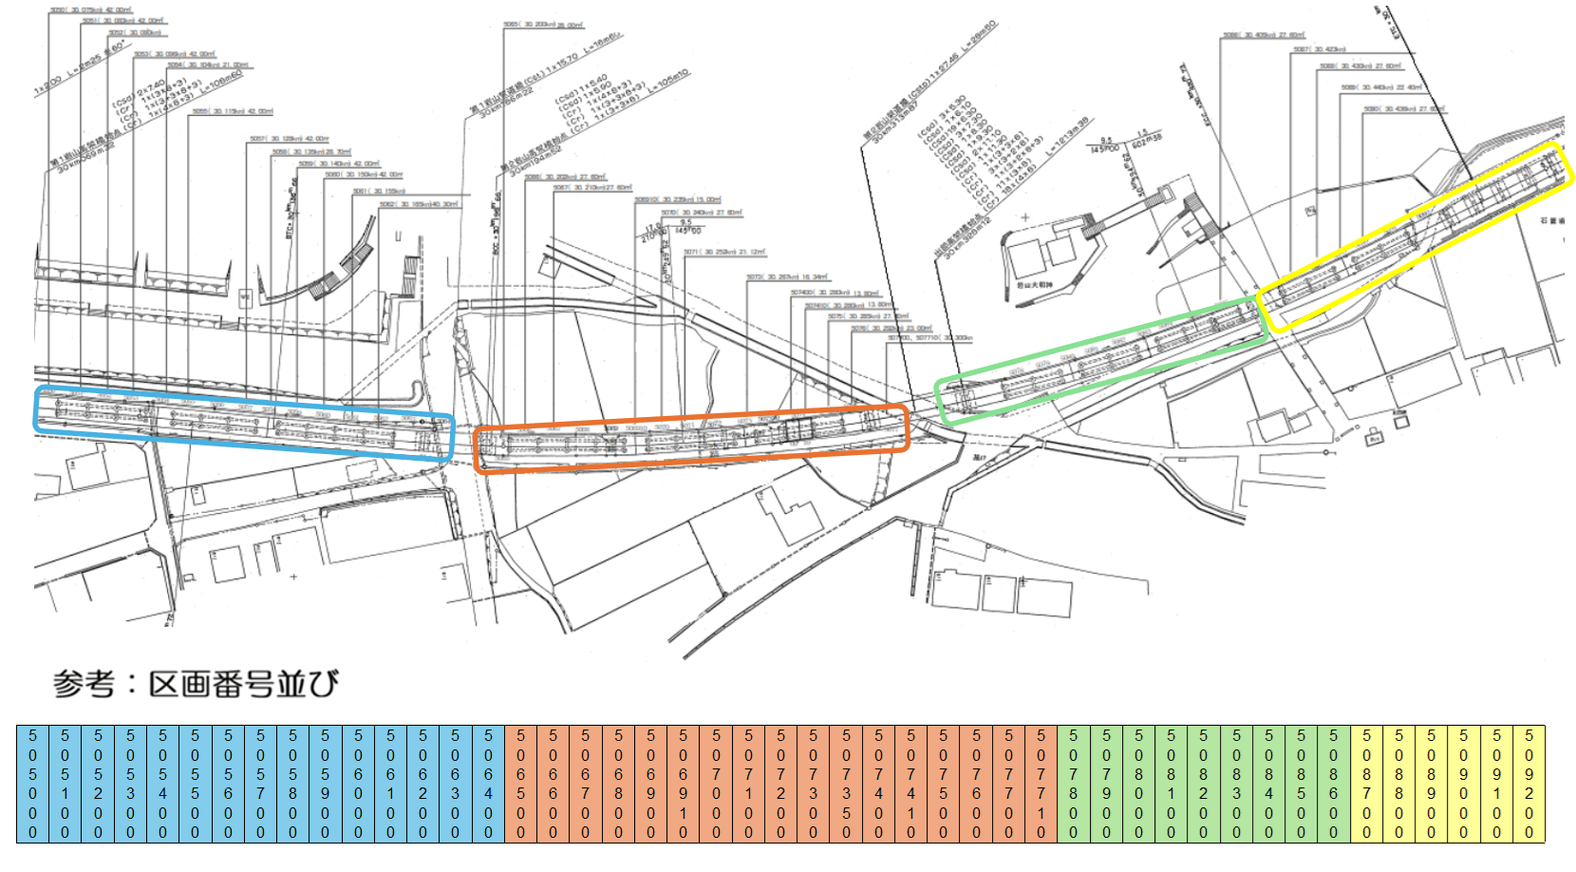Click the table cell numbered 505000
[32, 784]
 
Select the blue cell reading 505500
[195, 784]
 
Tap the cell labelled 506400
[488, 784]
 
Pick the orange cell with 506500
[520, 784]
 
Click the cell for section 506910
[683, 784]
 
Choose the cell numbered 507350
[846, 784]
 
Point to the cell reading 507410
[910, 784]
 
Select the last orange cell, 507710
[1041, 784]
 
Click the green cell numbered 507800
[1074, 784]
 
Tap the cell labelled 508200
[1204, 784]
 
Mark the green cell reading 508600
[1334, 784]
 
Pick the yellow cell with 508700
[1367, 784]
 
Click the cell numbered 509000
[1464, 784]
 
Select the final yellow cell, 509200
[1529, 784]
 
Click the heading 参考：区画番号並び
[196, 684]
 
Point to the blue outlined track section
[244, 423]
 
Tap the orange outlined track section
[691, 438]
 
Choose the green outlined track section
[1101, 361]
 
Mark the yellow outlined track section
[1415, 237]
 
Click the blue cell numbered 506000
[358, 784]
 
